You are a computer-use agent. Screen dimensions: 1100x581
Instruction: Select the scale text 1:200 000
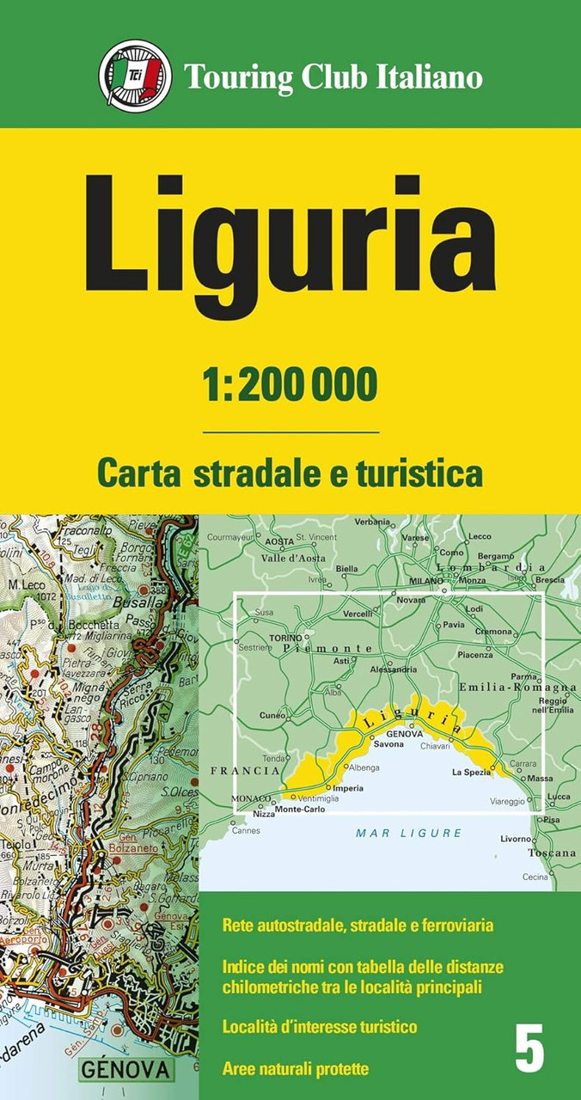(290, 385)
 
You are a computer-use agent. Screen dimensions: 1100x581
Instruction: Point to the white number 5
(530, 1050)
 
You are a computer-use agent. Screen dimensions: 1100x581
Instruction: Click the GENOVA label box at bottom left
(125, 1070)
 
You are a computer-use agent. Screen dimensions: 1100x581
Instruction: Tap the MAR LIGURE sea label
(409, 833)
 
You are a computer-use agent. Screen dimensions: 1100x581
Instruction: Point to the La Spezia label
(471, 773)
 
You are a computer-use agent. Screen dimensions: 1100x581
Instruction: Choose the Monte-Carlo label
(299, 810)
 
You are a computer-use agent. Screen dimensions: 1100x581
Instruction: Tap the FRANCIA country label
(244, 772)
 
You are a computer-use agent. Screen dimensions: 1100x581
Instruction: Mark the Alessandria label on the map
(393, 669)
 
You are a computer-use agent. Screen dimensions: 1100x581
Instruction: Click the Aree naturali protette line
(295, 1069)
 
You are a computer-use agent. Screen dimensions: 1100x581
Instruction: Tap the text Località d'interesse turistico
(319, 1027)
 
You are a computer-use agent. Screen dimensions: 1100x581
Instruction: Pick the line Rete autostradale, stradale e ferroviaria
(357, 926)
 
